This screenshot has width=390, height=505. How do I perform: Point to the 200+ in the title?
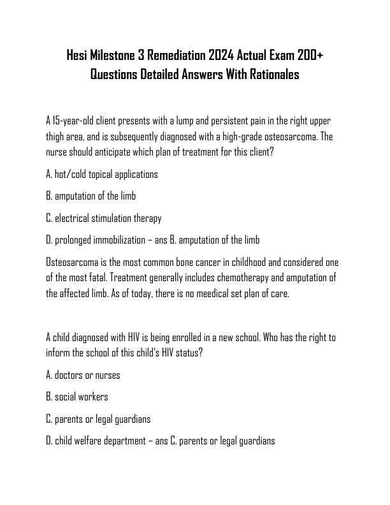pos(310,55)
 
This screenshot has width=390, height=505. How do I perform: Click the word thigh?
pos(55,136)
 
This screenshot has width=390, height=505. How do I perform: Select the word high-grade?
pos(238,136)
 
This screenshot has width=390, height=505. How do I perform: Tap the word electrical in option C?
pos(73,218)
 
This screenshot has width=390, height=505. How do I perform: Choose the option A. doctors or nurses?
pos(83,375)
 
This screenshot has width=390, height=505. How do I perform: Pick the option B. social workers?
pos(77,397)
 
